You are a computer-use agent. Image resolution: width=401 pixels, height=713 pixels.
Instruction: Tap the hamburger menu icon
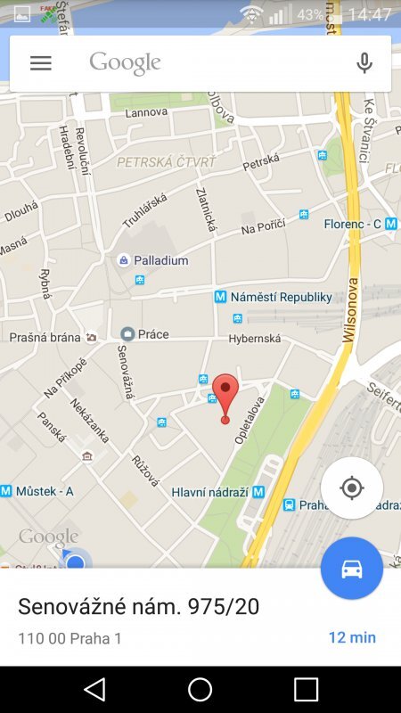pos(41,63)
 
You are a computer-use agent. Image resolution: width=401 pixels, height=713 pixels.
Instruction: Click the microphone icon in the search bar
pos(364,63)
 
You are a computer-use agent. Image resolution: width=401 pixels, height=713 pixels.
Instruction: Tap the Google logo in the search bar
pos(125,62)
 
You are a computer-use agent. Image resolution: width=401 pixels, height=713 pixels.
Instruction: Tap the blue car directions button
pos(352,569)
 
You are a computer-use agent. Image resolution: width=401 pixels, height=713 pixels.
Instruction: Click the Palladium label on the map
pos(160,261)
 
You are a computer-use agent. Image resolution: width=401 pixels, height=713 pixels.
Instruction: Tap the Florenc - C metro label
pos(353,224)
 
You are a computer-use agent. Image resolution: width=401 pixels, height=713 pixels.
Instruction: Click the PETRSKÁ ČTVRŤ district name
pos(167,162)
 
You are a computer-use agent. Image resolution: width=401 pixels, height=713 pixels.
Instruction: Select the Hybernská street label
pos(254,339)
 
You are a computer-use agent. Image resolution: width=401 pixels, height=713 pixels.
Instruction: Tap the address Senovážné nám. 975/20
pos(138,607)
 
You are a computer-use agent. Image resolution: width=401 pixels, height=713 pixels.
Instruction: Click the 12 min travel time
pos(352,637)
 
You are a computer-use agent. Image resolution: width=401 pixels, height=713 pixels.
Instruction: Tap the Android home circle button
pos(200,689)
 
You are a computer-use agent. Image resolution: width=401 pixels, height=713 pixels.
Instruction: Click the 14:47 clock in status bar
pos(370,14)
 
